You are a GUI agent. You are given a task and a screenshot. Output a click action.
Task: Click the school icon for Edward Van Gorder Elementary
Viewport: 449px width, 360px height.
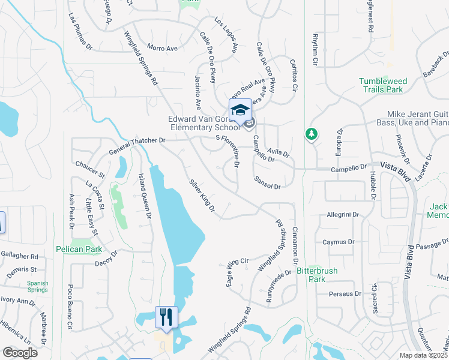pyautogui.click(x=240, y=111)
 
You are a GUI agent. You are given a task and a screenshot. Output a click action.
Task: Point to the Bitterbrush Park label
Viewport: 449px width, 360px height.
pyautogui.click(x=317, y=275)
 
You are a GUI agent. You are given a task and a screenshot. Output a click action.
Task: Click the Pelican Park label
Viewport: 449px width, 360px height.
pyautogui.click(x=77, y=248)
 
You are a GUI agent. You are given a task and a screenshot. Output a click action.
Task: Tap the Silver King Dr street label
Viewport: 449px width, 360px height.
pyautogui.click(x=202, y=196)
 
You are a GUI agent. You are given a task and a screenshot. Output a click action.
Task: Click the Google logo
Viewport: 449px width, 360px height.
pyautogui.click(x=20, y=353)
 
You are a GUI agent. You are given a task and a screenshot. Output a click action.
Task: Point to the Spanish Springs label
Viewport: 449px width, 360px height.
pyautogui.click(x=37, y=287)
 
